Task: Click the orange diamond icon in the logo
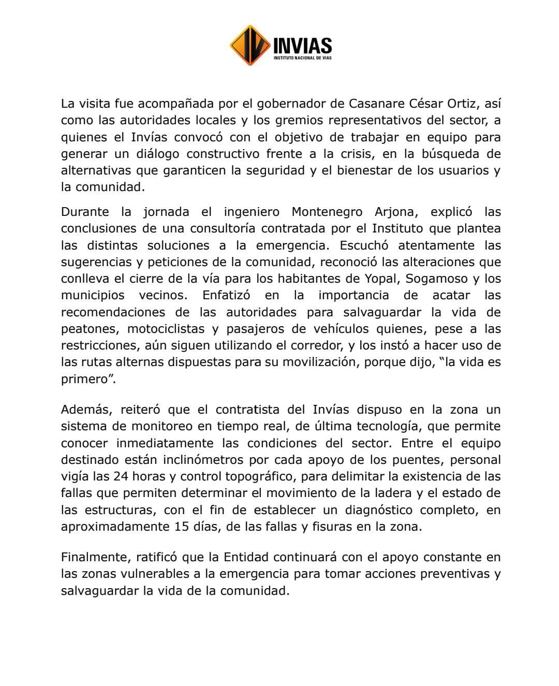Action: coord(250,46)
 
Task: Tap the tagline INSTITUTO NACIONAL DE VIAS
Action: coord(302,58)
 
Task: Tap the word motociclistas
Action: coord(166,329)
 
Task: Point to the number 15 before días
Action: coord(178,527)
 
